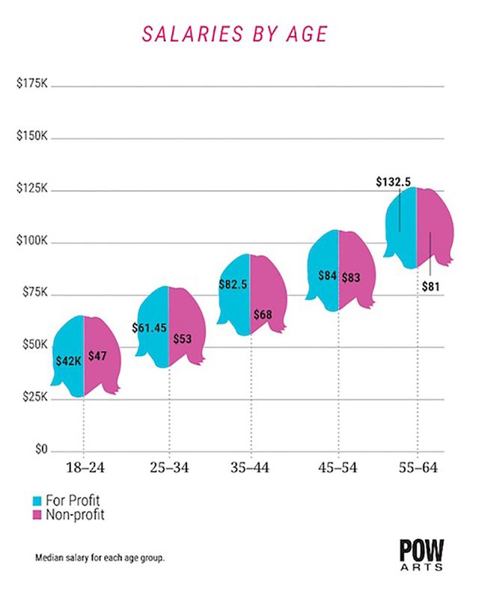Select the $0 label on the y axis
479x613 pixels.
(x=41, y=451)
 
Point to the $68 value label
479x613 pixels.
(x=263, y=314)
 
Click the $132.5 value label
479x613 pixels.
(x=393, y=181)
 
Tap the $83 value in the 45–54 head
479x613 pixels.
(x=352, y=277)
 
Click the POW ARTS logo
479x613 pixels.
(x=422, y=555)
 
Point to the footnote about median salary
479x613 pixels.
(x=100, y=558)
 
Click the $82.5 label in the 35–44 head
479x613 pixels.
(x=234, y=284)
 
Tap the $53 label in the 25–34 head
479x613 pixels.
(x=182, y=338)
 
